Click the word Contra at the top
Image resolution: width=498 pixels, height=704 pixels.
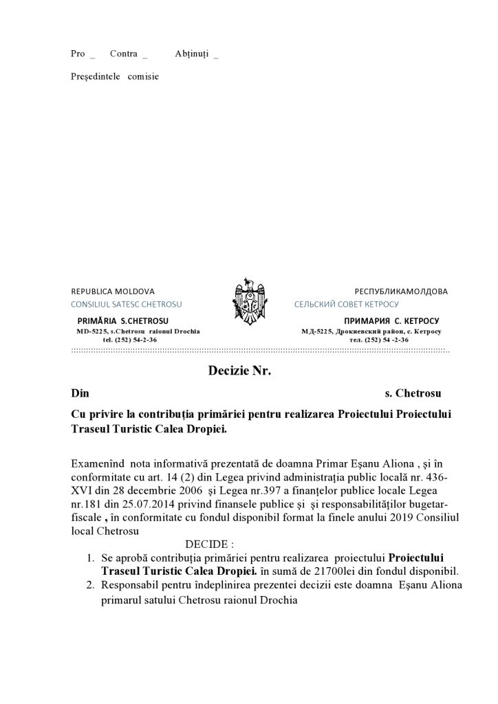tap(123, 54)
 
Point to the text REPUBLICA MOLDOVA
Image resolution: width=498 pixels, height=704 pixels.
tap(113, 291)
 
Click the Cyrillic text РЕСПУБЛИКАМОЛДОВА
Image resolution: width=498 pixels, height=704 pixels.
tap(400, 291)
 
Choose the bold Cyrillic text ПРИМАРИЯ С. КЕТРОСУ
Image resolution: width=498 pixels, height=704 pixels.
tap(390, 321)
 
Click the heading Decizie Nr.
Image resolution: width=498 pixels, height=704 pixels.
tap(239, 372)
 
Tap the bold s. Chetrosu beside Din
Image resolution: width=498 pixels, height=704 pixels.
tap(413, 394)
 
